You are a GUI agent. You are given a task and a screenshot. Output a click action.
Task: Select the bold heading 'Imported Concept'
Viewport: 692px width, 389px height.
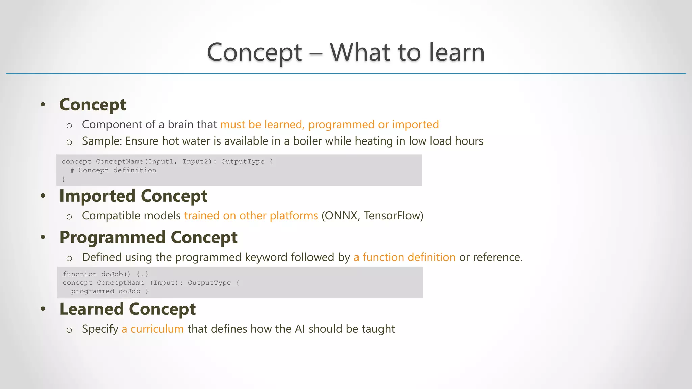[133, 196]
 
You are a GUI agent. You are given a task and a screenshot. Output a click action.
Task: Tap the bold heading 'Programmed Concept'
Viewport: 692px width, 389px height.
[148, 237]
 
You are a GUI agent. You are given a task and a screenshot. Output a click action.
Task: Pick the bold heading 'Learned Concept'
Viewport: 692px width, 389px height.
[127, 309]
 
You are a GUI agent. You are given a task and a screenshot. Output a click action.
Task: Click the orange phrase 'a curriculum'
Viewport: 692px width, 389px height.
[153, 329]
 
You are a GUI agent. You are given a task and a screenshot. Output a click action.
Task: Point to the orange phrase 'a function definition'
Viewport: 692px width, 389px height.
[404, 257]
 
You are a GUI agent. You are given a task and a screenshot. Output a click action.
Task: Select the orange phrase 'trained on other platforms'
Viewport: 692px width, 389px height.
[251, 216]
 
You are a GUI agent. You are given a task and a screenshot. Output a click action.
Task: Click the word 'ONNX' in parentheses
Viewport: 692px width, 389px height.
[341, 216]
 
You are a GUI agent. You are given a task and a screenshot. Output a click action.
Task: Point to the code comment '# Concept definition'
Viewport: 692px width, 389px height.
[114, 170]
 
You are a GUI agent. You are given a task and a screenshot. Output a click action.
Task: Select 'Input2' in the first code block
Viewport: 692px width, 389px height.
[195, 162]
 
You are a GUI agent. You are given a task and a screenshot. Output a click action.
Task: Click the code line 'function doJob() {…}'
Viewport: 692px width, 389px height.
[105, 274]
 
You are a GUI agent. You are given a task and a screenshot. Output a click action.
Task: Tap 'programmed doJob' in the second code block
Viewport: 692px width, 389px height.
[105, 291]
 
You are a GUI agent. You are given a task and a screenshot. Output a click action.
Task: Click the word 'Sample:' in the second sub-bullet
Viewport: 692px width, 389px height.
[102, 141]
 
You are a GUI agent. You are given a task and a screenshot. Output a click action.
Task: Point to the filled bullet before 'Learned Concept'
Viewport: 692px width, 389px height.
[43, 309]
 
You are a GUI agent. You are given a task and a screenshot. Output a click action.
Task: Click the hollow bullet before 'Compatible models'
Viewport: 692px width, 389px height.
[69, 217]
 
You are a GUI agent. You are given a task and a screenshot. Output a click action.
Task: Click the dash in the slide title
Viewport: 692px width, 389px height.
[316, 53]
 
